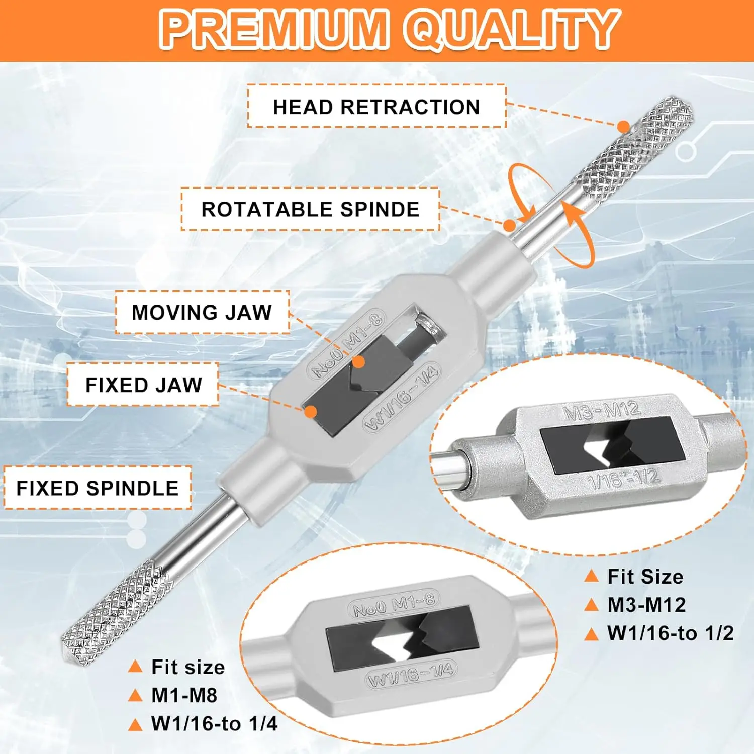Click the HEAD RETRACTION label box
376,106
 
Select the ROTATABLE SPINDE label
310,209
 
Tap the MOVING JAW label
202,312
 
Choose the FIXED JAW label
143,385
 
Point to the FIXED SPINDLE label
98,488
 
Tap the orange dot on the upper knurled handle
623,127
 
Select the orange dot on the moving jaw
358,362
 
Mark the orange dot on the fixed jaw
311,412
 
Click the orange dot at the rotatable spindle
509,225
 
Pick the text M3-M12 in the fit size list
646,605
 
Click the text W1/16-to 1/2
671,633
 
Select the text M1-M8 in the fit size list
184,695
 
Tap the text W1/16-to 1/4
214,724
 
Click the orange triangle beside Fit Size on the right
592,576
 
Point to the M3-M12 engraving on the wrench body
601,411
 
